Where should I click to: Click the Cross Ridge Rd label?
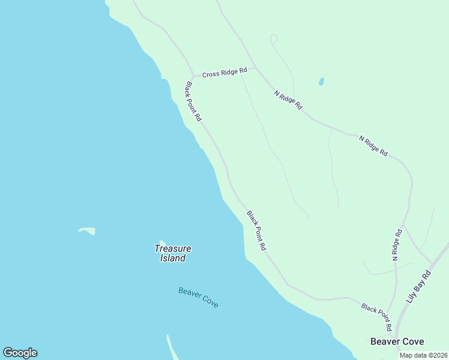pyautogui.click(x=224, y=73)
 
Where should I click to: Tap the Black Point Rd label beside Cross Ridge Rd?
pyautogui.click(x=193, y=102)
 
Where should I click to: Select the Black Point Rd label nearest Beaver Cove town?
pyautogui.click(x=376, y=316)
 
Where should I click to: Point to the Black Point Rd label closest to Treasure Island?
pyautogui.click(x=256, y=230)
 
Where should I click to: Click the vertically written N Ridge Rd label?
pyautogui.click(x=397, y=245)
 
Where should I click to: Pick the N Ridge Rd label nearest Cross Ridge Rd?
pyautogui.click(x=288, y=100)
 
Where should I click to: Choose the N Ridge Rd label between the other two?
pyautogui.click(x=373, y=146)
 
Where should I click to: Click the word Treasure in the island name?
pyautogui.click(x=173, y=248)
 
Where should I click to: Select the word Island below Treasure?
pyautogui.click(x=173, y=259)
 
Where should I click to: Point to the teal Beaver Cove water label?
pyautogui.click(x=198, y=298)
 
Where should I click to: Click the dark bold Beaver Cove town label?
pyautogui.click(x=397, y=341)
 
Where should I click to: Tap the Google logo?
pyautogui.click(x=20, y=353)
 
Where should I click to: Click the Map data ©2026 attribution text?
pyautogui.click(x=423, y=355)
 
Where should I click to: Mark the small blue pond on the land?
pyautogui.click(x=321, y=82)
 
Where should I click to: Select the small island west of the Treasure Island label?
pyautogui.click(x=87, y=230)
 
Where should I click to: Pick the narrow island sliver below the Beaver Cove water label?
pyautogui.click(x=172, y=348)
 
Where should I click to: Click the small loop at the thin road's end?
pyautogui.click(x=274, y=39)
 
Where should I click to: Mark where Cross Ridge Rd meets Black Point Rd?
pyautogui.click(x=192, y=77)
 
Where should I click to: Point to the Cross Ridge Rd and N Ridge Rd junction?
pyautogui.click(x=256, y=68)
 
